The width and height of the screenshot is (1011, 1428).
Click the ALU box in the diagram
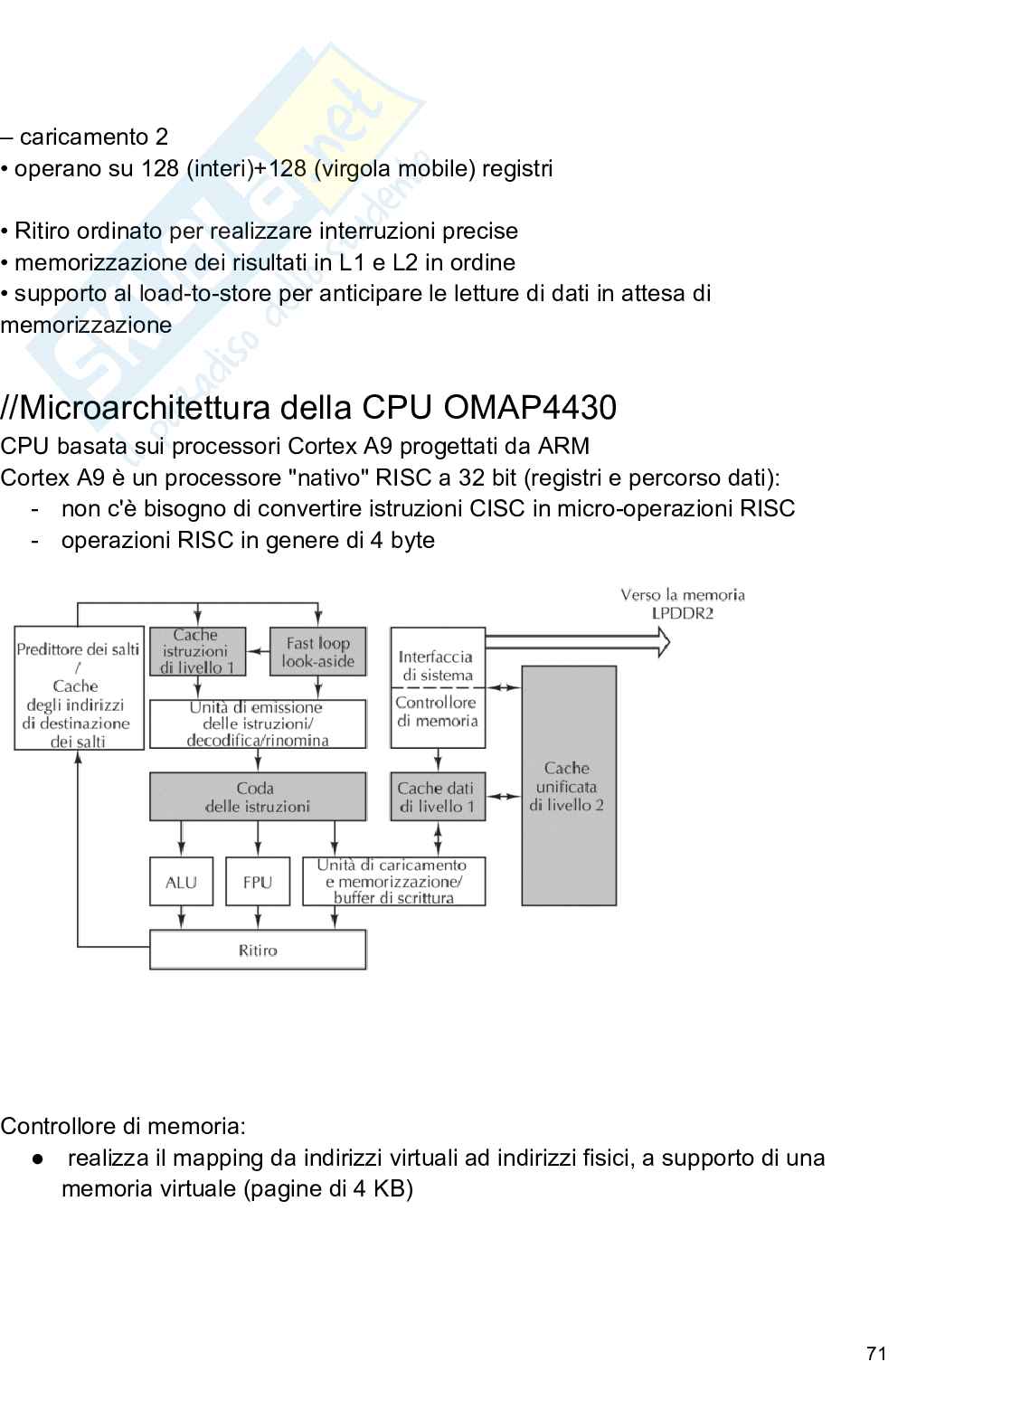(181, 882)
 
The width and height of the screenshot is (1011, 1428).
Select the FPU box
(258, 882)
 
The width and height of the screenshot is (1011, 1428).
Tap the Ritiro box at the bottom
(258, 950)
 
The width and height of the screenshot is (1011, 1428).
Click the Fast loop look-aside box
(318, 652)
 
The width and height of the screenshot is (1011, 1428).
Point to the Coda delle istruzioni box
(258, 797)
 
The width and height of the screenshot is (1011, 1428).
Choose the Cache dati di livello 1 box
(438, 797)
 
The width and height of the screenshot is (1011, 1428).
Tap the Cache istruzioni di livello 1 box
(197, 652)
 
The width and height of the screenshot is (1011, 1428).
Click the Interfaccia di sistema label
(437, 666)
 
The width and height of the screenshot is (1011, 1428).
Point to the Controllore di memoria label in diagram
(437, 712)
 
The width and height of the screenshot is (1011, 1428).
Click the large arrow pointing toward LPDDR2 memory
(579, 641)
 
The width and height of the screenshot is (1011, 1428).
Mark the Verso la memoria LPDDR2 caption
(683, 603)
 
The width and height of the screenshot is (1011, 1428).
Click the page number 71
(875, 1354)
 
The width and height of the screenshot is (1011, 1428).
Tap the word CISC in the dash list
(496, 508)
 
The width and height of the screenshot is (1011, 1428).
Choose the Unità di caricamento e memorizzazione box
(393, 882)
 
